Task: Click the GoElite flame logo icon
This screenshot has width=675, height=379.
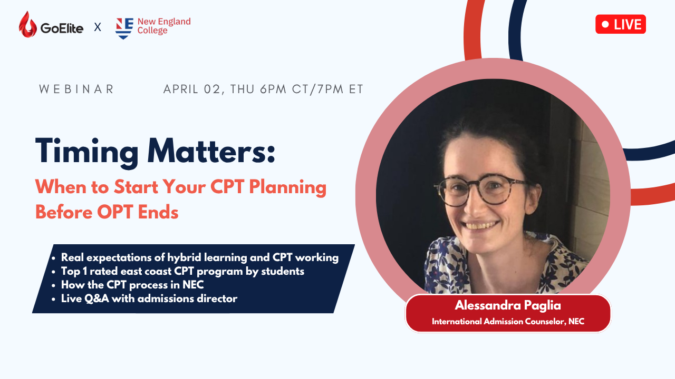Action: pyautogui.click(x=27, y=25)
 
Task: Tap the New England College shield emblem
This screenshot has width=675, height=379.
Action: pyautogui.click(x=124, y=28)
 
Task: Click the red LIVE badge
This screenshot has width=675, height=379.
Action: pyautogui.click(x=621, y=24)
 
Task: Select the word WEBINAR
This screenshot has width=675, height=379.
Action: pyautogui.click(x=76, y=89)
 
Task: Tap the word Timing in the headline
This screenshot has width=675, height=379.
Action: pyautogui.click(x=87, y=152)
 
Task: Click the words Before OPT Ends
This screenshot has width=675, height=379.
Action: pyautogui.click(x=107, y=212)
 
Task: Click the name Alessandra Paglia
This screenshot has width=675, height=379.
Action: pyautogui.click(x=508, y=306)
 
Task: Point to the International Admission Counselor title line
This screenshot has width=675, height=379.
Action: pyautogui.click(x=508, y=322)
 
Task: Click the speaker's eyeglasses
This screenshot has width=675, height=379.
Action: pyautogui.click(x=481, y=191)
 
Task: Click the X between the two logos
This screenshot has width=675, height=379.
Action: pyautogui.click(x=98, y=27)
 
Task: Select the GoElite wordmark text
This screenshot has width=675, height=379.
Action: pyautogui.click(x=62, y=28)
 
